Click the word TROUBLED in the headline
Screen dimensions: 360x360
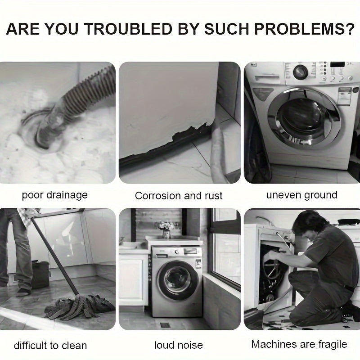tap(129, 29)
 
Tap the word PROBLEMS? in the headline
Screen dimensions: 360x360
tap(305, 29)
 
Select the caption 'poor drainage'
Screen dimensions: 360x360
tap(55, 195)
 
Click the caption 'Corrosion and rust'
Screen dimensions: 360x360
tap(179, 196)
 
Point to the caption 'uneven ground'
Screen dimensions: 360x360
tap(301, 195)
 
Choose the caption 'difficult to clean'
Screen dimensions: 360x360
tap(50, 346)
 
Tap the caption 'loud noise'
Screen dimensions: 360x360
tap(179, 345)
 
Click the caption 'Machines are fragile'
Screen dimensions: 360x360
tap(299, 344)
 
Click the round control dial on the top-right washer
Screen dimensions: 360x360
tap(300, 72)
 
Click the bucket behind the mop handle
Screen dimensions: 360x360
tap(40, 274)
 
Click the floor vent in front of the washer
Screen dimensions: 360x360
tap(165, 324)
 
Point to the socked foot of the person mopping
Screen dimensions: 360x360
tap(22, 292)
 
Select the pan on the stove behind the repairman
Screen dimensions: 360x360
tap(348, 221)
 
